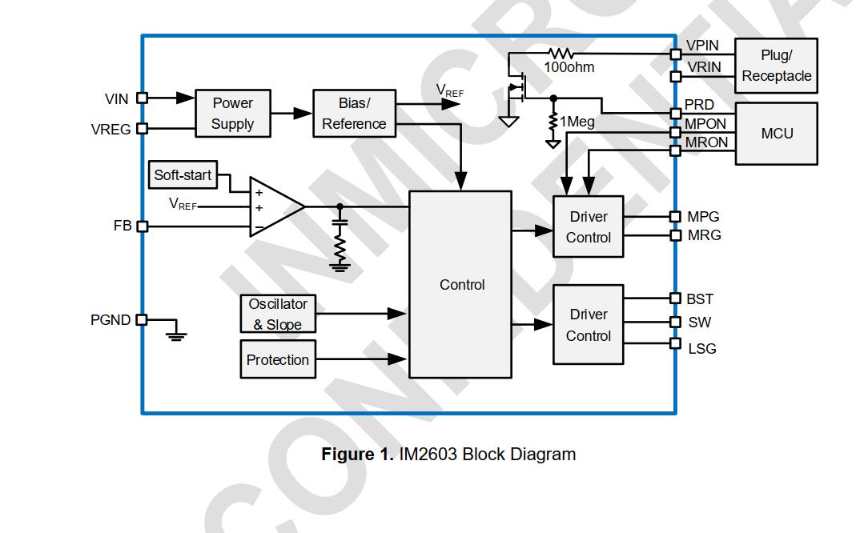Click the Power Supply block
coord(232,114)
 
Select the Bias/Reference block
coord(354,114)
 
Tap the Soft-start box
coord(183,175)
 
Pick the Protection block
coord(278,360)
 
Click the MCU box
coord(776,134)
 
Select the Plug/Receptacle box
coord(776,66)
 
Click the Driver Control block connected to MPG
coord(589,227)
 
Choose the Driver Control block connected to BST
coord(589,325)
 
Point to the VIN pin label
coord(117,99)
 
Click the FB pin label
coord(123,226)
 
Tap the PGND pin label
coord(111,320)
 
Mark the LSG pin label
coord(702,349)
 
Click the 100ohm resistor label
coord(569,68)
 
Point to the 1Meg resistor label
coord(577,122)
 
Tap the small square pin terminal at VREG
coord(143,128)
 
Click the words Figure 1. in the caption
coord(357,455)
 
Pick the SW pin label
coord(700,323)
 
